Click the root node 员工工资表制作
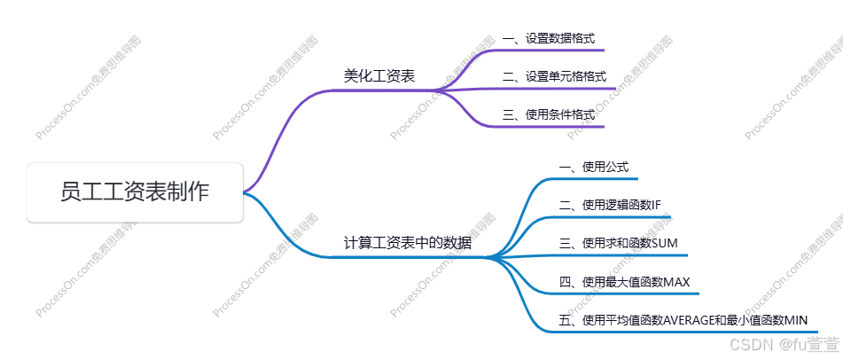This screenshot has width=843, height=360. [135, 192]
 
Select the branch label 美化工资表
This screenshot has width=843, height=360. [379, 76]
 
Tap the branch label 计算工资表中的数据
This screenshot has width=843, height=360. [408, 242]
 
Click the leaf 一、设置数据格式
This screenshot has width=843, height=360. [548, 39]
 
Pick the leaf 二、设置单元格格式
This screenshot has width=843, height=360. [554, 76]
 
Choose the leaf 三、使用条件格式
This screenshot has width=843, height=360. [548, 114]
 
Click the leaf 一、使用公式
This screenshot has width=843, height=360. [593, 167]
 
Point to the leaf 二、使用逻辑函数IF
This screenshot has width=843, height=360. [610, 205]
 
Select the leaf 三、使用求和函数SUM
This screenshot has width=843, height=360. [618, 243]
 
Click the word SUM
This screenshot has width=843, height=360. [665, 243]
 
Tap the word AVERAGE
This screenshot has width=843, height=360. [689, 320]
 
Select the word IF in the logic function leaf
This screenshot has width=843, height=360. [655, 205]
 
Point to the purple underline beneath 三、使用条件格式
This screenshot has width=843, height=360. [567, 126]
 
